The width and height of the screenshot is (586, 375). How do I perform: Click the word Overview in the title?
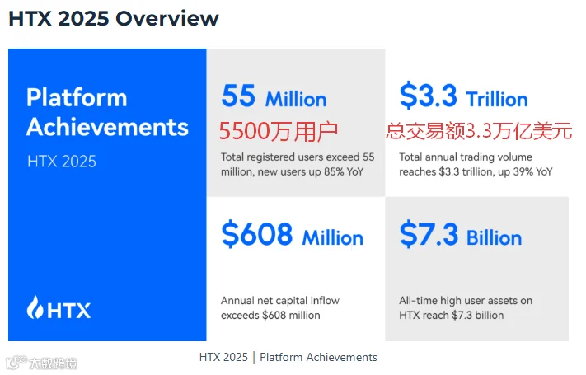(x=167, y=19)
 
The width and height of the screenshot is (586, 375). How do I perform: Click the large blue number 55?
(x=238, y=96)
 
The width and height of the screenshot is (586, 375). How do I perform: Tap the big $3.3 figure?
(x=428, y=96)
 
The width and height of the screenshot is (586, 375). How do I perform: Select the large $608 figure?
(x=257, y=234)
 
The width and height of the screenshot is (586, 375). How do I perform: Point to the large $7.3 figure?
(x=429, y=234)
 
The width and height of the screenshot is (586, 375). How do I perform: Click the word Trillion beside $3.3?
(x=497, y=100)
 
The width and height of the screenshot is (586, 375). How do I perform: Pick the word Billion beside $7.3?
(x=494, y=238)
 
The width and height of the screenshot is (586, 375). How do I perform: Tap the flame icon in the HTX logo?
(x=35, y=307)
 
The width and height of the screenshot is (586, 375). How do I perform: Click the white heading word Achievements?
(x=107, y=127)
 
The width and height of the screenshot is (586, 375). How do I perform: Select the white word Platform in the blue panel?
(x=77, y=97)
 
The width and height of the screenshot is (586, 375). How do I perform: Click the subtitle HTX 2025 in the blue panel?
(x=62, y=162)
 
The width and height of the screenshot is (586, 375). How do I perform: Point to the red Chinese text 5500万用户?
(x=279, y=131)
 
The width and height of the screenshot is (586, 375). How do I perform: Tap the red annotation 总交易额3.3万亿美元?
(x=479, y=131)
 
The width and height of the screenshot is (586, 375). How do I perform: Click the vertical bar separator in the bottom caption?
(x=254, y=358)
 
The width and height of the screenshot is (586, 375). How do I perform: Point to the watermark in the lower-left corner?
(x=41, y=363)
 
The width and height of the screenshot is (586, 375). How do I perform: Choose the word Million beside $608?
(x=333, y=238)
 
